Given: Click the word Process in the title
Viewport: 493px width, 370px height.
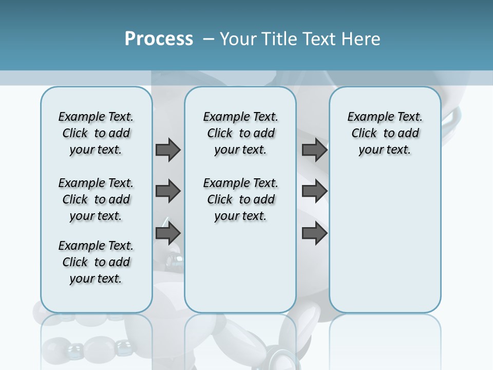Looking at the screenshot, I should tap(159, 39).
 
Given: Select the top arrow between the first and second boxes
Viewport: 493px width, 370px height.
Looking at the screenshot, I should tap(168, 150).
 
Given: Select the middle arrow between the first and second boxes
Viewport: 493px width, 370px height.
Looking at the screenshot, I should tap(168, 191).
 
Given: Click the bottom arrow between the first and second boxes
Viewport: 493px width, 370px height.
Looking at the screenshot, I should tap(168, 233).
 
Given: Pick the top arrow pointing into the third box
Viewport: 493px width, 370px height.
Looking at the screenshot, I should tap(314, 150).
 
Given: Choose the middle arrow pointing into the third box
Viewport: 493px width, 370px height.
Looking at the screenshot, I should tap(314, 191).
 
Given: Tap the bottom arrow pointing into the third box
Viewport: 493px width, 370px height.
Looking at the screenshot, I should tap(314, 233).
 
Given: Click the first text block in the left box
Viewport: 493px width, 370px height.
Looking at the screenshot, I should tap(96, 133).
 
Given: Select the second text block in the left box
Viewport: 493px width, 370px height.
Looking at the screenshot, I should tap(96, 199).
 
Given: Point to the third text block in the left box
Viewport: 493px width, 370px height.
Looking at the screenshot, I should tap(96, 262).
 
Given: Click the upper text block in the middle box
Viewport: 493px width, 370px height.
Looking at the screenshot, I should tap(240, 133).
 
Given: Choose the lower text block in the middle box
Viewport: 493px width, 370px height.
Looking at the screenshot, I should tap(240, 199).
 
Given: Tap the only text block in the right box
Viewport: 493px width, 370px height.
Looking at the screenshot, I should tap(385, 133).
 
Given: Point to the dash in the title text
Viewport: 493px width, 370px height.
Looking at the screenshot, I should tap(208, 39).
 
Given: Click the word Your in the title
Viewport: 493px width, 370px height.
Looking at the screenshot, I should tap(239, 39).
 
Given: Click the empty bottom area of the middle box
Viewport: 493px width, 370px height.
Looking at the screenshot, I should tap(240, 272).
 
